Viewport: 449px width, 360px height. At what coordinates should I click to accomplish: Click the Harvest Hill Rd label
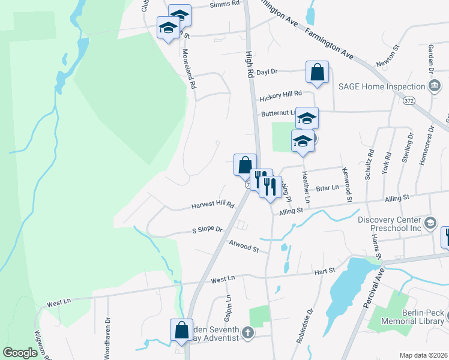pyautogui.click(x=212, y=205)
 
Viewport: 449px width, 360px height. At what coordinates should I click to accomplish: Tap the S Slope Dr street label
pyautogui.click(x=207, y=230)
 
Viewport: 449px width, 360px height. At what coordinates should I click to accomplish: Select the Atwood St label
pyautogui.click(x=244, y=245)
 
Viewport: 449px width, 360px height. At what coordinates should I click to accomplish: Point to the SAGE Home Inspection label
pyautogui.click(x=381, y=86)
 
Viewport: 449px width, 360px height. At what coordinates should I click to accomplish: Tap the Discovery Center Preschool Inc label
pyautogui.click(x=390, y=223)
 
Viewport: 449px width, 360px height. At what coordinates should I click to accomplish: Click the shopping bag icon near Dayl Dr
pyautogui.click(x=317, y=73)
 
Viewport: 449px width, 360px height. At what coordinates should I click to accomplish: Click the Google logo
pyautogui.click(x=20, y=353)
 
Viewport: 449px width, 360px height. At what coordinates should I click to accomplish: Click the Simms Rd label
pyautogui.click(x=224, y=5)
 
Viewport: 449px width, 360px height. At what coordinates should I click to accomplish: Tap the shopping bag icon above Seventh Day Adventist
pyautogui.click(x=181, y=331)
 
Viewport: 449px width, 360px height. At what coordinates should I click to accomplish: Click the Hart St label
pyautogui.click(x=324, y=272)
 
